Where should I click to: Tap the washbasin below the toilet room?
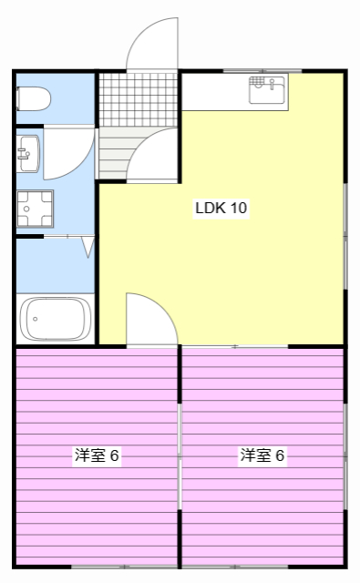tap(26, 152)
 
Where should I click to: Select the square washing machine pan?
tap(35, 208)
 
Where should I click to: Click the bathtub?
tap(56, 320)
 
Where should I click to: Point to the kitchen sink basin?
tap(267, 91)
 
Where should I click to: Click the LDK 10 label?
tap(221, 208)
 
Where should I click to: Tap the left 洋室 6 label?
tap(97, 455)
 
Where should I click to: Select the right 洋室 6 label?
tap(262, 455)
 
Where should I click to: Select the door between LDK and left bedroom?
tap(148, 319)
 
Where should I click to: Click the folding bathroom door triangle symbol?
tap(88, 246)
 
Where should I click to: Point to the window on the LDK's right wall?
tap(345, 237)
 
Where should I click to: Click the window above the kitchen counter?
tap(250, 71)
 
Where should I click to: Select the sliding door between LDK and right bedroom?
tap(235, 347)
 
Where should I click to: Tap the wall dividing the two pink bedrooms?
tap(180, 455)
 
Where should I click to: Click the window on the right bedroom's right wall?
tap(345, 455)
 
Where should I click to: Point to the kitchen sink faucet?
tap(257, 83)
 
